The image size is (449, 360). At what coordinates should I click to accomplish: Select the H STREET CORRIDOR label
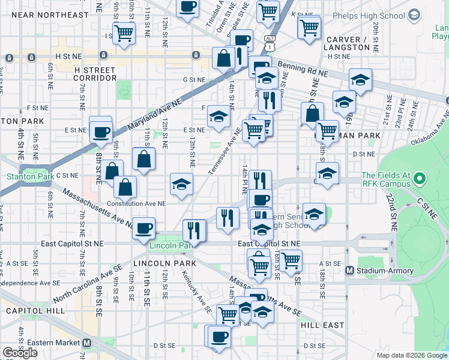click(95, 74)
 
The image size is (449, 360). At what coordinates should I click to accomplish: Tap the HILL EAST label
click(322, 325)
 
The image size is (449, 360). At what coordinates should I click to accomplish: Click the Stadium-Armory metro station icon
click(350, 271)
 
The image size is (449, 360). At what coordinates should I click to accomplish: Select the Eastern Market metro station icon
click(87, 343)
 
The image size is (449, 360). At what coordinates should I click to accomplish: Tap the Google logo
click(20, 353)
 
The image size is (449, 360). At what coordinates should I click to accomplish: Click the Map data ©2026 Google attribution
click(411, 355)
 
